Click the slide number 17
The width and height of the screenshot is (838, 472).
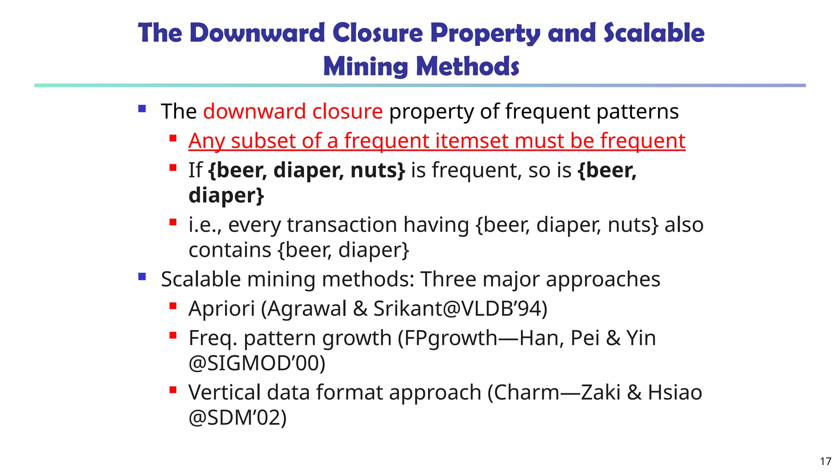[825, 461]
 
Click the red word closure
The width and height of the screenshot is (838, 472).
[347, 111]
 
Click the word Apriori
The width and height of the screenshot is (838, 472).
[222, 309]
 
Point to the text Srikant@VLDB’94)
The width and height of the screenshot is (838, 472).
[460, 309]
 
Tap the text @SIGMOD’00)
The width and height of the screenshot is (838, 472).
[257, 363]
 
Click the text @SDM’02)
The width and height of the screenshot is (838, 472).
[238, 418]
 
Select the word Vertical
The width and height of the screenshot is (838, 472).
[225, 392]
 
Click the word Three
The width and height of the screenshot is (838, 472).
[448, 279]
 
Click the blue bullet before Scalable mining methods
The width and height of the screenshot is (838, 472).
[142, 277]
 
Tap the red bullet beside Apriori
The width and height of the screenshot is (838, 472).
[173, 306]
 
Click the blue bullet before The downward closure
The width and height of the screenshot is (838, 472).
[142, 109]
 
